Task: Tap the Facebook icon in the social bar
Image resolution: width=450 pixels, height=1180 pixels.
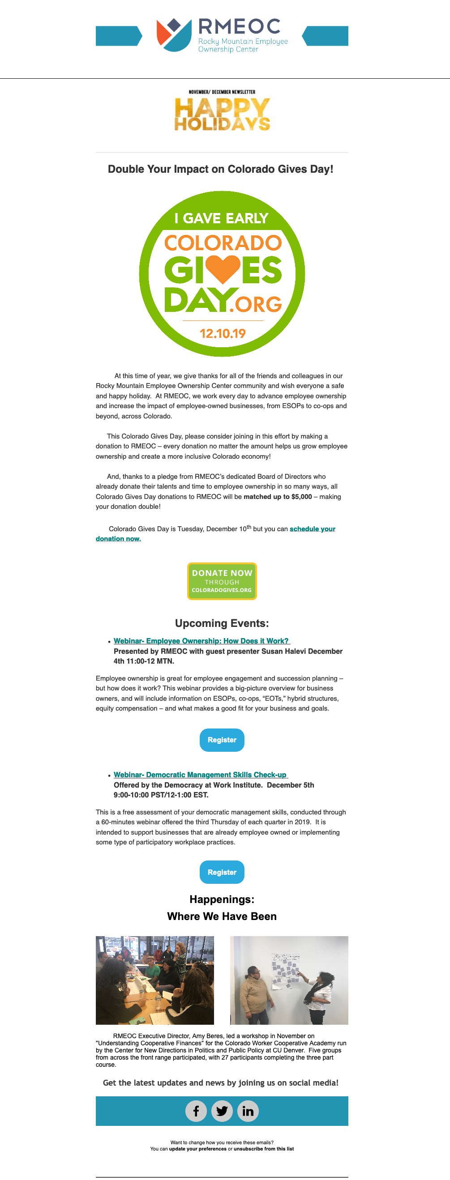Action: [x=196, y=1111]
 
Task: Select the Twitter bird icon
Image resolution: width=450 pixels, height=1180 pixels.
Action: [x=222, y=1111]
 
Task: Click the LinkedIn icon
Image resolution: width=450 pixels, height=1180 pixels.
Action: [x=248, y=1111]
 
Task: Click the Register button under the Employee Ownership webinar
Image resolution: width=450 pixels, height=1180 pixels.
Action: [x=222, y=740]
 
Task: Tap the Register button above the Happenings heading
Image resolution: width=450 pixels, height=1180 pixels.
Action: [x=222, y=872]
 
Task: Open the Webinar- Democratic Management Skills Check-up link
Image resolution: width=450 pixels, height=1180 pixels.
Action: [x=200, y=775]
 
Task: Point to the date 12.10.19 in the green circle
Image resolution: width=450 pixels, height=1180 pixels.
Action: [x=223, y=333]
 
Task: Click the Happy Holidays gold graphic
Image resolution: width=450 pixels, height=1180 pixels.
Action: [x=222, y=115]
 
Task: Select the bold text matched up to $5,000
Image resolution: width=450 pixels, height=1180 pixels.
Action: [x=278, y=497]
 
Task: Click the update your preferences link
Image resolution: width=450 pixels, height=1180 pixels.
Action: [x=197, y=1149]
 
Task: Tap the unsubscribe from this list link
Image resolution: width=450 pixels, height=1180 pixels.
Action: [x=263, y=1149]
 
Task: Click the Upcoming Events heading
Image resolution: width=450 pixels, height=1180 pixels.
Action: [x=222, y=623]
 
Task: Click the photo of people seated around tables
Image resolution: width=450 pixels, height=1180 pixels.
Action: [x=154, y=980]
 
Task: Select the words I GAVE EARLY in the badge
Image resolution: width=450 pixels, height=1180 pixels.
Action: [x=221, y=218]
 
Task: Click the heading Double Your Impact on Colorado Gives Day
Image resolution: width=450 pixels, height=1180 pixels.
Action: [x=220, y=169]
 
